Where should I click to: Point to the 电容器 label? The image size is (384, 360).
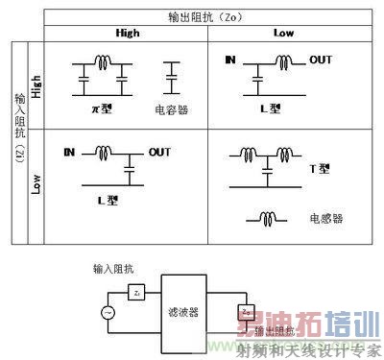click(x=171, y=109)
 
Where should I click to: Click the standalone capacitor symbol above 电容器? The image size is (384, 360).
click(x=172, y=78)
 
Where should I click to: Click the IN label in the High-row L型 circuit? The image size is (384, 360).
click(x=229, y=60)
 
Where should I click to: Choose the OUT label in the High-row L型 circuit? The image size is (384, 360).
click(x=321, y=60)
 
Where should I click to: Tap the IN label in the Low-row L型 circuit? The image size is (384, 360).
click(x=69, y=153)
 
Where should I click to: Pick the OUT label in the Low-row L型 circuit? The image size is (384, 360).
click(x=160, y=153)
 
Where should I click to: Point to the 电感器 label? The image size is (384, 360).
click(x=325, y=219)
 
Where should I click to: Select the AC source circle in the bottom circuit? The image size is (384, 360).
click(x=108, y=311)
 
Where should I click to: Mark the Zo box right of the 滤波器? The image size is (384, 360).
click(x=247, y=312)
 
